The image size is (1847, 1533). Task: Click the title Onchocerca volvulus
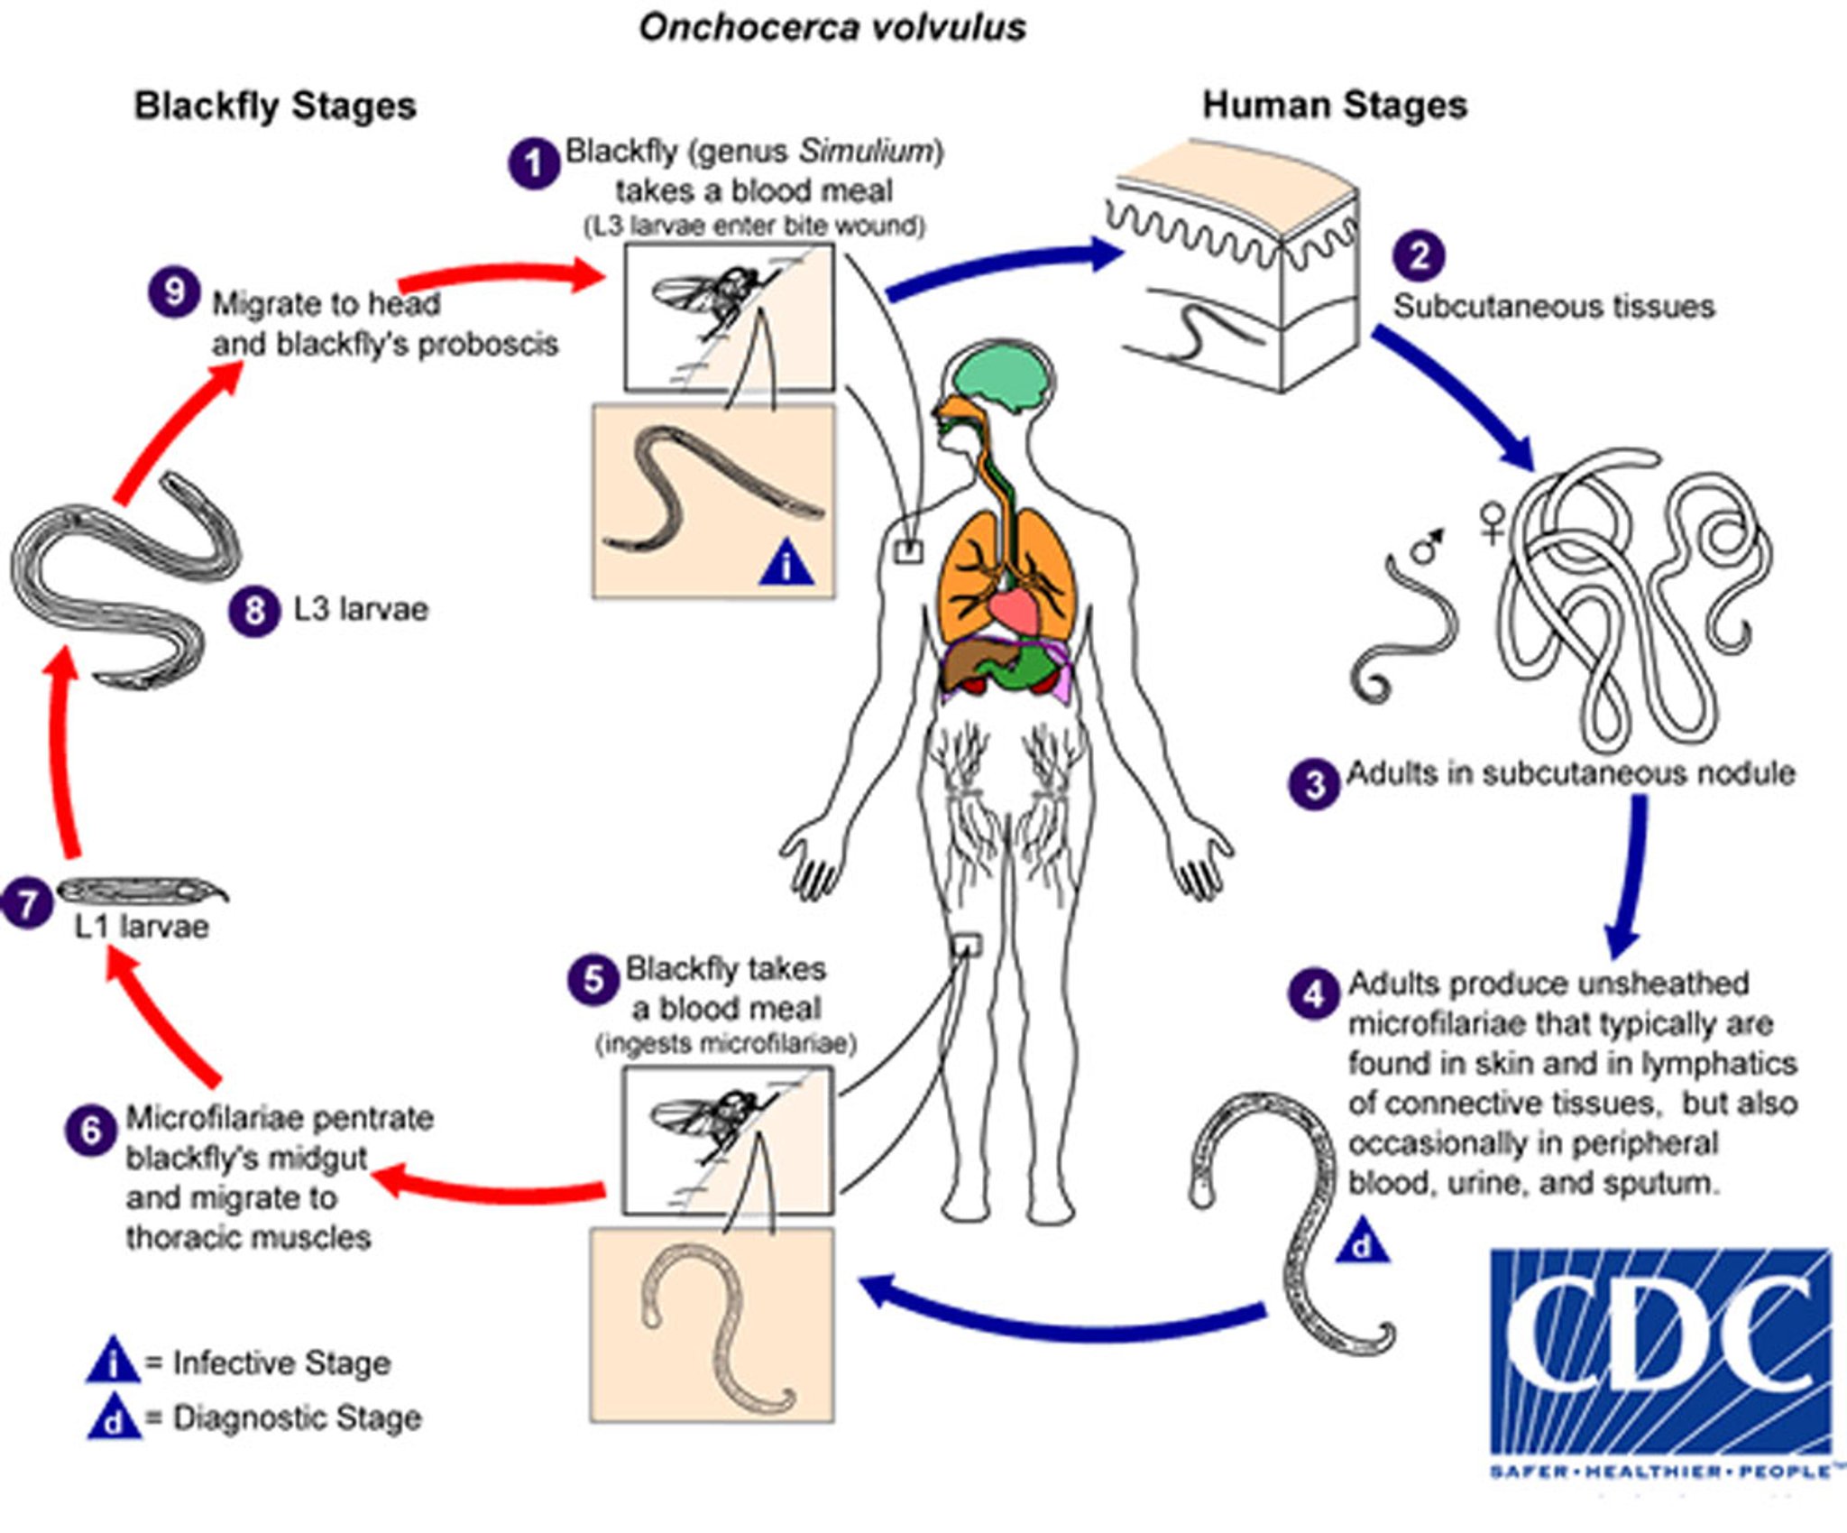(x=832, y=27)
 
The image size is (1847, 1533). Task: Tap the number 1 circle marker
(x=534, y=163)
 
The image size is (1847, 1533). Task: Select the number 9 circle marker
(x=174, y=292)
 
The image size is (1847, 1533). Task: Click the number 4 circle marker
(x=1313, y=994)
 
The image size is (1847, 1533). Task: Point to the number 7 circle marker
(x=27, y=903)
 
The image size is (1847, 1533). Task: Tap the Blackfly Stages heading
(x=275, y=106)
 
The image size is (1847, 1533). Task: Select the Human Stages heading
(x=1335, y=105)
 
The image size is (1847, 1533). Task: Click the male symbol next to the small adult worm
(x=1427, y=544)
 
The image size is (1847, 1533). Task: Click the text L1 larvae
(x=142, y=927)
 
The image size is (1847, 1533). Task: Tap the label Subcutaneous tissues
(x=1553, y=306)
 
